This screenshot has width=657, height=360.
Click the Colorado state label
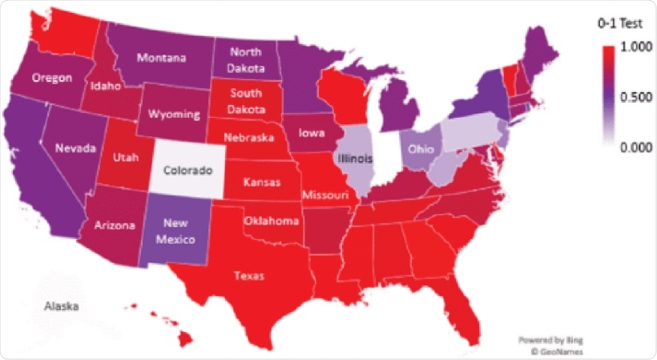tap(188, 171)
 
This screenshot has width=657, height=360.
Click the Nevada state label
tap(76, 148)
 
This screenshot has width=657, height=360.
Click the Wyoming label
tap(174, 115)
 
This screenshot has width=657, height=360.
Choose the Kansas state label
tap(262, 183)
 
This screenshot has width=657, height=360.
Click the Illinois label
tap(355, 158)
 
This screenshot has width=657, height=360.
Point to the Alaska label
tap(60, 306)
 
